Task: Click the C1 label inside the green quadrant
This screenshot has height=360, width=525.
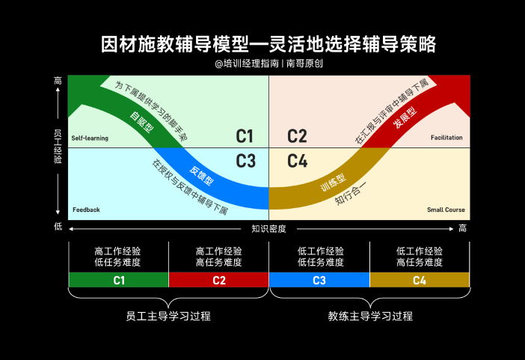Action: click(245, 136)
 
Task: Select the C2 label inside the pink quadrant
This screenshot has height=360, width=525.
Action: click(297, 136)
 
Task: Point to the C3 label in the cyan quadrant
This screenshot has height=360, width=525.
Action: click(245, 161)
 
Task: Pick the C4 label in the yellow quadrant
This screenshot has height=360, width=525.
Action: click(297, 161)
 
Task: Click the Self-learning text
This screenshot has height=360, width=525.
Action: click(90, 138)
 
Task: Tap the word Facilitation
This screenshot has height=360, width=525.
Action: click(446, 138)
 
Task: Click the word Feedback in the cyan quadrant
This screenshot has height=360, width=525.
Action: click(86, 210)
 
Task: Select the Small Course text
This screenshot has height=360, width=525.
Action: click(446, 210)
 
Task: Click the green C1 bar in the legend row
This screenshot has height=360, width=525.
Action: click(118, 280)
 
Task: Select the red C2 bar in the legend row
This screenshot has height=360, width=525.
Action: click(218, 280)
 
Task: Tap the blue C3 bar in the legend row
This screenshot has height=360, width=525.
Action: click(319, 280)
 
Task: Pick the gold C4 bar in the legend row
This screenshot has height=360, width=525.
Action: click(419, 280)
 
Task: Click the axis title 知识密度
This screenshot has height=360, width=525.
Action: click(268, 228)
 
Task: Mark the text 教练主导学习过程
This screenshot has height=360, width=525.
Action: click(370, 316)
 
